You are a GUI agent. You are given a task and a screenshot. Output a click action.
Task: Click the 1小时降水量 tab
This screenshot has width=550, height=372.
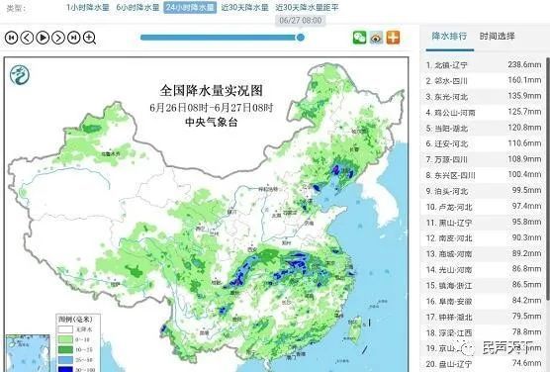[x=86, y=7]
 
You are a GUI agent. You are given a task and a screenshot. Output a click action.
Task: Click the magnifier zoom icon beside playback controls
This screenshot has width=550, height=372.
[x=88, y=38]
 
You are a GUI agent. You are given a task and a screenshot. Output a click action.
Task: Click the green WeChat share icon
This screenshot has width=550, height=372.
[x=359, y=38]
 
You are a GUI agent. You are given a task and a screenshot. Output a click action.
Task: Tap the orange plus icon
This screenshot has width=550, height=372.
[x=393, y=38]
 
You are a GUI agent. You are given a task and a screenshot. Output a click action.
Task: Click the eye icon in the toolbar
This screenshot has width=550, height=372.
[x=376, y=38]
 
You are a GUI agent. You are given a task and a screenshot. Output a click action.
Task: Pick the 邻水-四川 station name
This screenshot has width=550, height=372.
[x=455, y=80]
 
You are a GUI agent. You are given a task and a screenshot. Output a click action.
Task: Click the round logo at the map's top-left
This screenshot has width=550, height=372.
[x=18, y=74]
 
